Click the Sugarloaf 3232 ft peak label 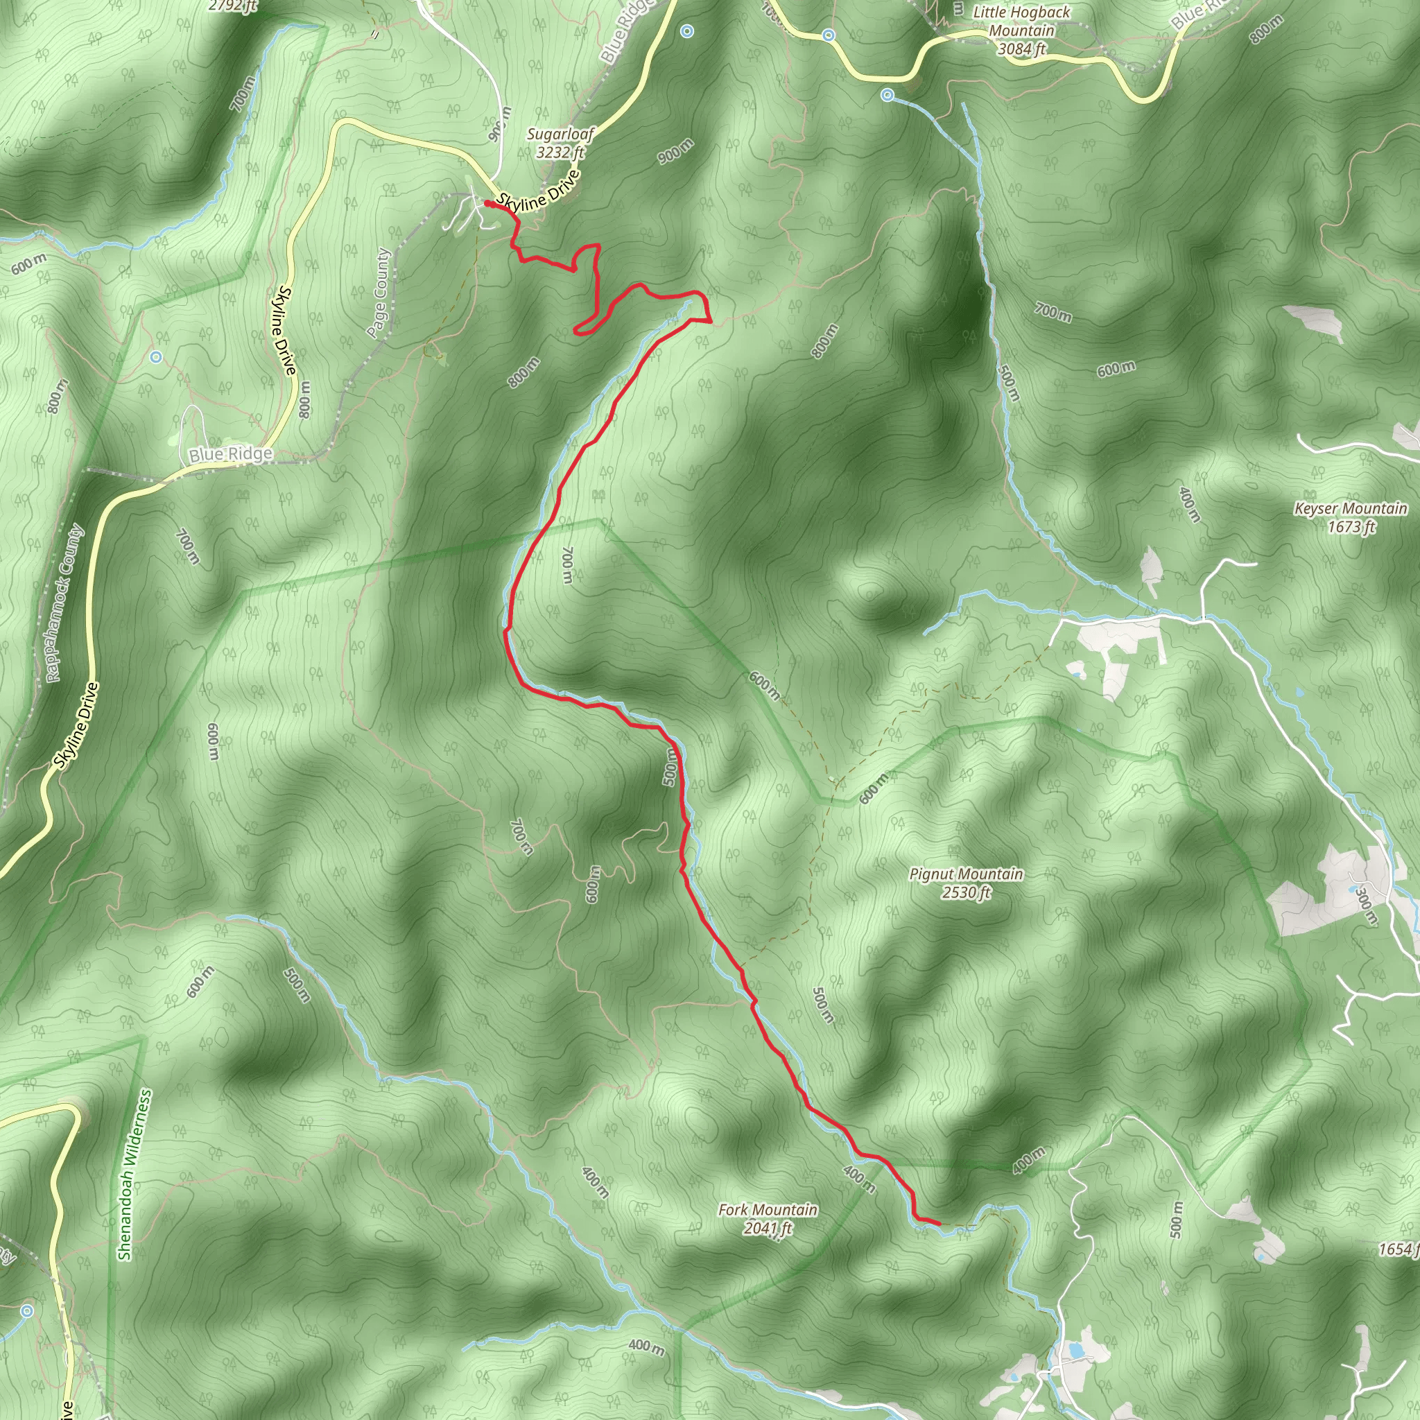(560, 144)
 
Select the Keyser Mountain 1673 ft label (1350, 517)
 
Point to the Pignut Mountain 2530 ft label (966, 883)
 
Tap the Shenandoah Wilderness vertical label (135, 1175)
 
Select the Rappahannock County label (65, 603)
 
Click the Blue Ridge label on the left (231, 454)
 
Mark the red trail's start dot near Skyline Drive (487, 204)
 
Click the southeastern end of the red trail (939, 1223)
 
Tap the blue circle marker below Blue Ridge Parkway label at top (686, 31)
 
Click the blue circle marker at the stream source (887, 95)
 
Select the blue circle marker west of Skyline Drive (155, 357)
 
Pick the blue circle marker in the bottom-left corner (27, 1310)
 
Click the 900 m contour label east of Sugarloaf (675, 151)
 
